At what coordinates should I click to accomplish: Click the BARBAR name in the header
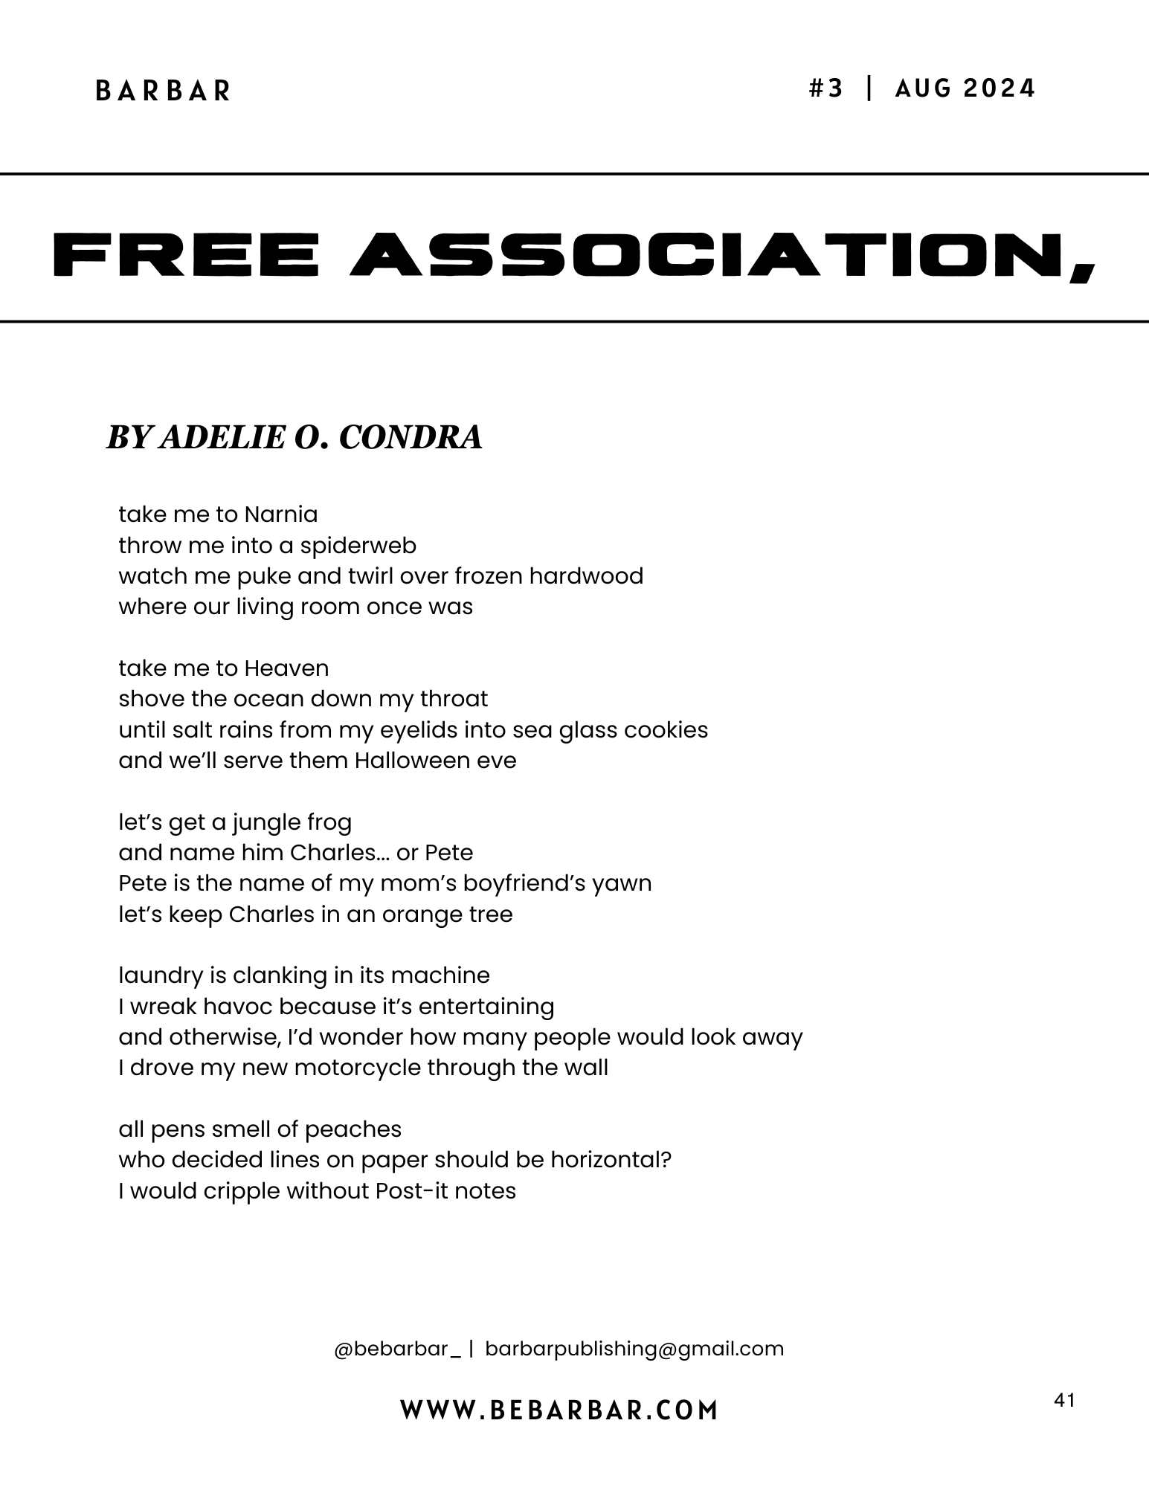pyautogui.click(x=164, y=91)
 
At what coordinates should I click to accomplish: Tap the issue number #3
pyautogui.click(x=826, y=89)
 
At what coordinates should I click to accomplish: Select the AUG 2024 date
pyautogui.click(x=965, y=89)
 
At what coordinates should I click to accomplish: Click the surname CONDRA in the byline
pyautogui.click(x=411, y=437)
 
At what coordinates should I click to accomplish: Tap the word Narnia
pyautogui.click(x=281, y=515)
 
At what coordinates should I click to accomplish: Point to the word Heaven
pyautogui.click(x=286, y=668)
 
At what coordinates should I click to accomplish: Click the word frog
pyautogui.click(x=329, y=823)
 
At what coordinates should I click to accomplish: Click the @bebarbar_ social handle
pyautogui.click(x=397, y=1349)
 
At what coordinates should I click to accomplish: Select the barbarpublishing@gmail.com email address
pyautogui.click(x=634, y=1349)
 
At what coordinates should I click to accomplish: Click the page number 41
pyautogui.click(x=1064, y=1401)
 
